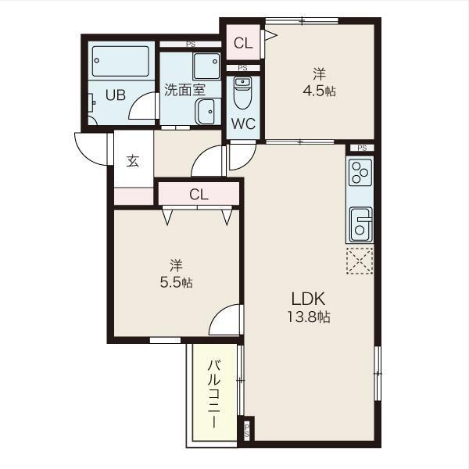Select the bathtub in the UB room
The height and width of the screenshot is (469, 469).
point(120,60)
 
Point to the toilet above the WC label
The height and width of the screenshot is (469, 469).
point(242,96)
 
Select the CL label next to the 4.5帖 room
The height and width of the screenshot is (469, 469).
point(242,44)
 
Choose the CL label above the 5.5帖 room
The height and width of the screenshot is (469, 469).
point(199,195)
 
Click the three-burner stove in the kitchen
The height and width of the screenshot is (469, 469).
point(360,172)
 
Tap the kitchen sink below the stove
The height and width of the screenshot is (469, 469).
point(360,224)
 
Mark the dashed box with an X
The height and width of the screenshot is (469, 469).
point(360,261)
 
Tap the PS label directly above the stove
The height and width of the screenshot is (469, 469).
point(360,148)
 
